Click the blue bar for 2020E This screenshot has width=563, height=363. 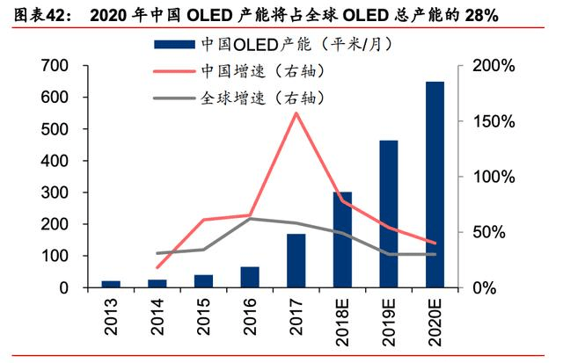tap(435, 185)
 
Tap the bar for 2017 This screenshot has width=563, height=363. tap(296, 260)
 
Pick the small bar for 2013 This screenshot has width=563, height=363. tap(112, 284)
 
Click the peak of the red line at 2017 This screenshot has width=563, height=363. tap(296, 113)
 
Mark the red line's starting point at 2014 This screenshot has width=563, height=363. tap(157, 267)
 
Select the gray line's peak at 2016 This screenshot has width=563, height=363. tap(250, 218)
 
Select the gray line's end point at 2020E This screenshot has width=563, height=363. tap(435, 254)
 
